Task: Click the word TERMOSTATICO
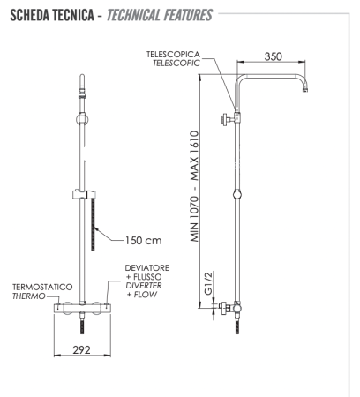(x=41, y=288)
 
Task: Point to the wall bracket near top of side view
(x=230, y=116)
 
